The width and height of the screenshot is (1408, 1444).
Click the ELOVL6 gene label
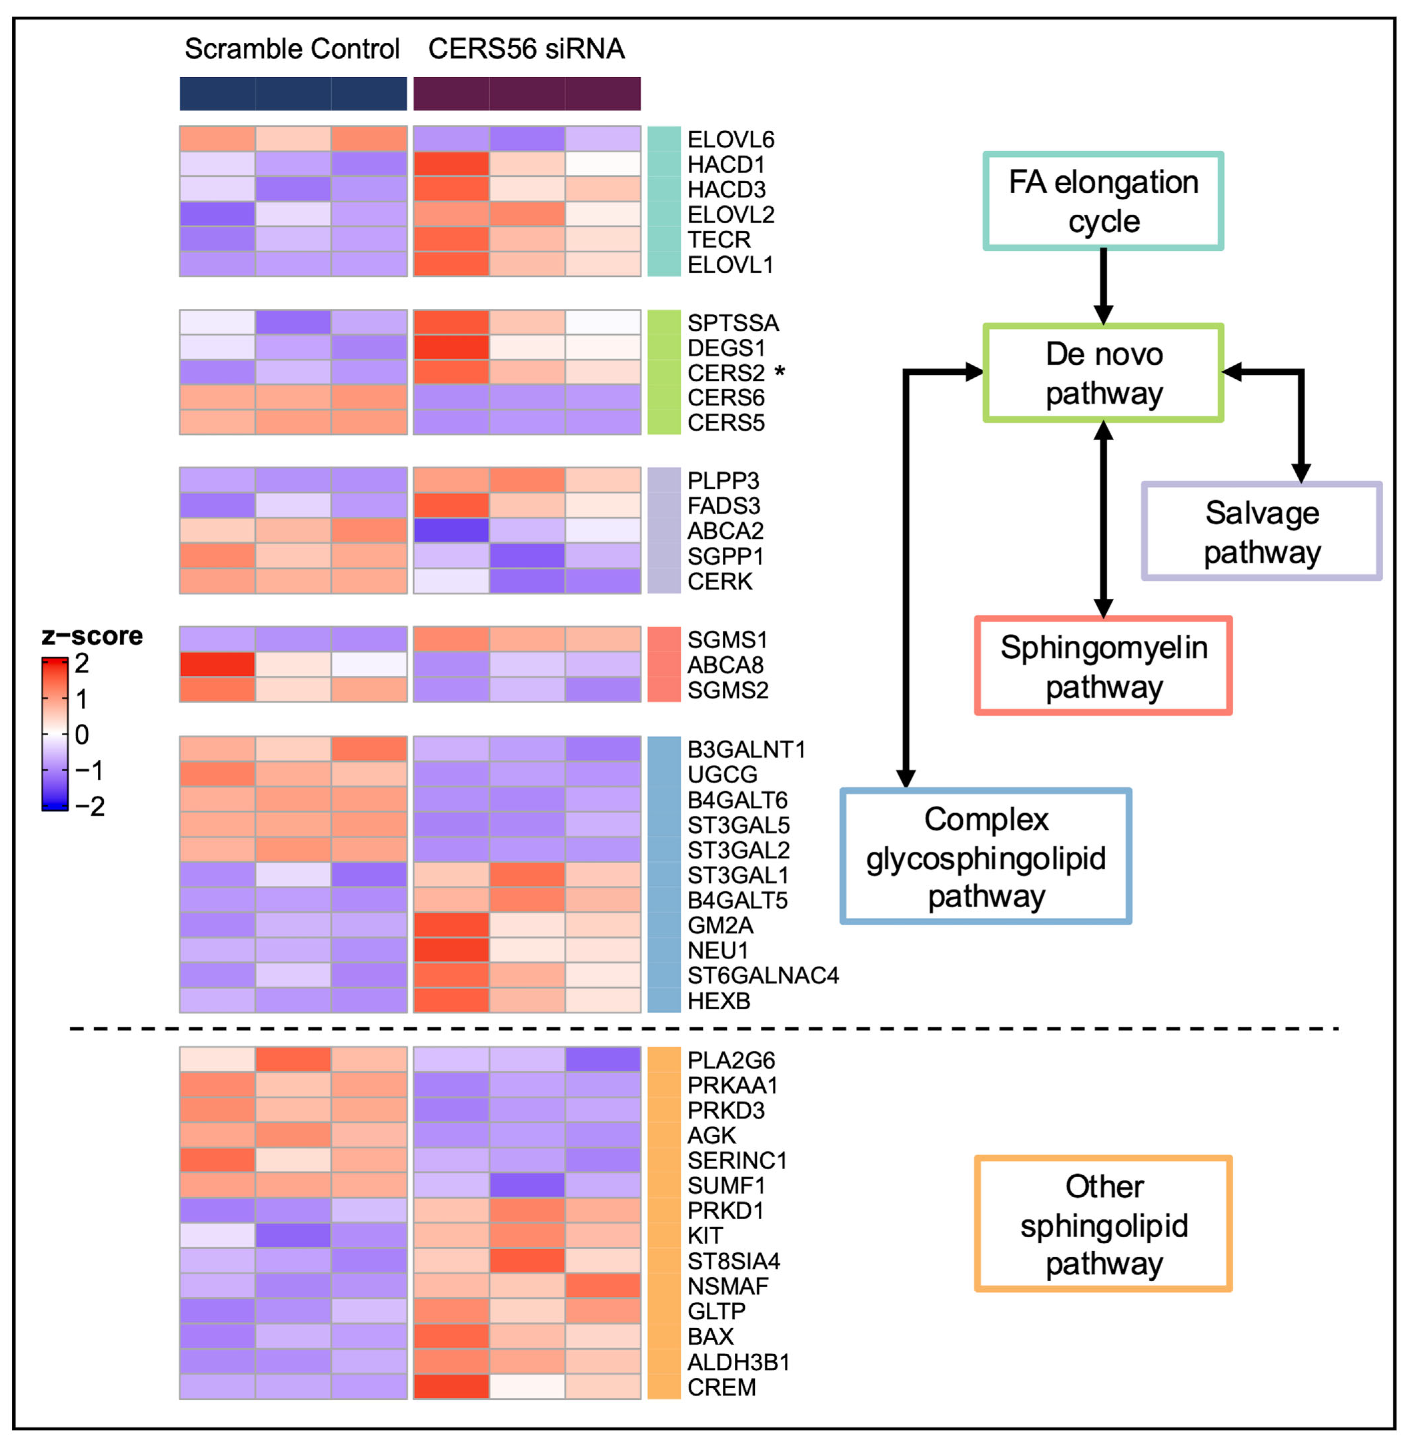(731, 140)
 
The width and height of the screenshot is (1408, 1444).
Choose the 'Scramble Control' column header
(292, 49)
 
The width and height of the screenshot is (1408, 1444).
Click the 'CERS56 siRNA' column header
(526, 49)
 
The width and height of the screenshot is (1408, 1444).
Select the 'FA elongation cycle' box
(1103, 201)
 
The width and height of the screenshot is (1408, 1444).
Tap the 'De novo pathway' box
(1103, 373)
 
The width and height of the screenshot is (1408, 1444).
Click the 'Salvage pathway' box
(1262, 531)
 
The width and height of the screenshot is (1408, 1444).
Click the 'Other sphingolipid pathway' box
(1103, 1224)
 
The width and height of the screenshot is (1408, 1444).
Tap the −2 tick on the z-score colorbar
(90, 806)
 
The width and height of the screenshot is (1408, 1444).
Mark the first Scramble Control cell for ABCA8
(217, 664)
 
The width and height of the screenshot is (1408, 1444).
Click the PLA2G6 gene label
(731, 1060)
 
